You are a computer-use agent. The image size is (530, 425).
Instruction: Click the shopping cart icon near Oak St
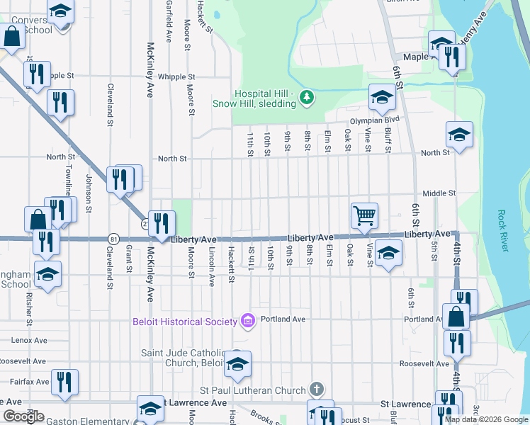tap(364, 215)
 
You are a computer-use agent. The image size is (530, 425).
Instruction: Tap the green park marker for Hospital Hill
tap(306, 97)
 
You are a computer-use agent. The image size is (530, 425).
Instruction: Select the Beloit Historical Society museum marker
tap(247, 322)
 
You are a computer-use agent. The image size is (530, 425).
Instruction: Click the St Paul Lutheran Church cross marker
tap(317, 390)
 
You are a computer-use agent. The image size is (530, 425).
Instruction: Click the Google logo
tap(23, 416)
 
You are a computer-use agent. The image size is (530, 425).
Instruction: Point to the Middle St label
tap(438, 193)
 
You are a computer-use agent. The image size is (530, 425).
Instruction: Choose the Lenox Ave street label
tap(28, 340)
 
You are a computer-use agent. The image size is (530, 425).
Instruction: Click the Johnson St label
tap(89, 194)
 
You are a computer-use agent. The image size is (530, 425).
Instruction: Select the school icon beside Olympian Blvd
tap(381, 98)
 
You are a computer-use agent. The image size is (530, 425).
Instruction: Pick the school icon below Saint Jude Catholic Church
tap(237, 365)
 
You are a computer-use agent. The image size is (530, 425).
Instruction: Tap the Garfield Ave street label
tap(169, 20)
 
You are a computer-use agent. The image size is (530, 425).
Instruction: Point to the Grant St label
tap(128, 259)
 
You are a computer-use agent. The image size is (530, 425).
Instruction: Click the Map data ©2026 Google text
tap(486, 419)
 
